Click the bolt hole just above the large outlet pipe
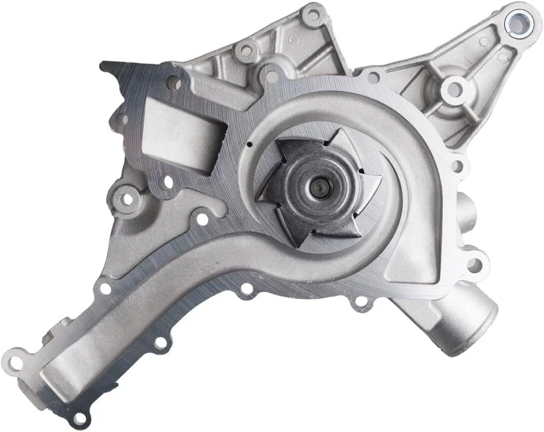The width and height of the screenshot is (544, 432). (x=474, y=264)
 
